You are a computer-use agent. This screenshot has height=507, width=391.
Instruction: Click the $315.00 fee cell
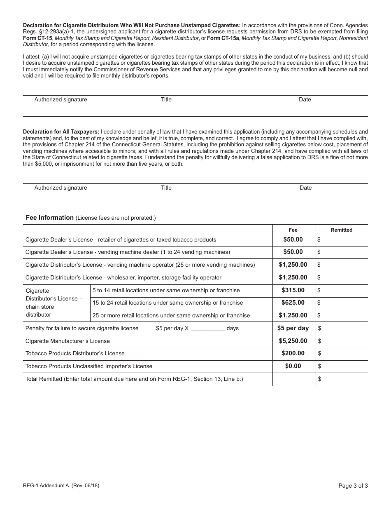click(x=293, y=290)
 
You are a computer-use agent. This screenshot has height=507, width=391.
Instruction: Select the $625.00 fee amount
click(x=293, y=303)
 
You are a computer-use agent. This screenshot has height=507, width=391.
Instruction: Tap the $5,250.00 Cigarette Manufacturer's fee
click(x=293, y=341)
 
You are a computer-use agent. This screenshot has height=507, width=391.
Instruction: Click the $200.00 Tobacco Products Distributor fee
click(x=293, y=353)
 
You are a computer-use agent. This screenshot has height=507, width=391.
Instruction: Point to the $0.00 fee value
click(x=293, y=366)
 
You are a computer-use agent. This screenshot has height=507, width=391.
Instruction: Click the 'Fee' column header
click(x=293, y=230)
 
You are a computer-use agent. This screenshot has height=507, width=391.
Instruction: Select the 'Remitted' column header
click(x=342, y=230)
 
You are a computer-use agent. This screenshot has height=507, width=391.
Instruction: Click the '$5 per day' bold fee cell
click(x=293, y=328)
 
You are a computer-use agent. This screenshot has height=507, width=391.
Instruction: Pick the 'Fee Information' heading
click(x=50, y=218)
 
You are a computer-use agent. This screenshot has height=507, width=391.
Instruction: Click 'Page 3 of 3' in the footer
click(x=353, y=486)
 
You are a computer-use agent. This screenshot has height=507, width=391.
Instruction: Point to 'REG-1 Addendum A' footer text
click(x=46, y=486)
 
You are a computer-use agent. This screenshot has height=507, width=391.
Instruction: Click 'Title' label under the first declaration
click(x=166, y=99)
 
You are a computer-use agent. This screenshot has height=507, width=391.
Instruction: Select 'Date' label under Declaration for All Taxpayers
click(x=306, y=188)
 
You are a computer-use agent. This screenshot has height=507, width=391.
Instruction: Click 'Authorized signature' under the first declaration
click(x=61, y=99)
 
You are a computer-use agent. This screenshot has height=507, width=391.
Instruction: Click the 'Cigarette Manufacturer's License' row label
click(x=68, y=341)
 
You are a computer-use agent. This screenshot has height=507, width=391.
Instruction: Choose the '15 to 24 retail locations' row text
click(x=168, y=303)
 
